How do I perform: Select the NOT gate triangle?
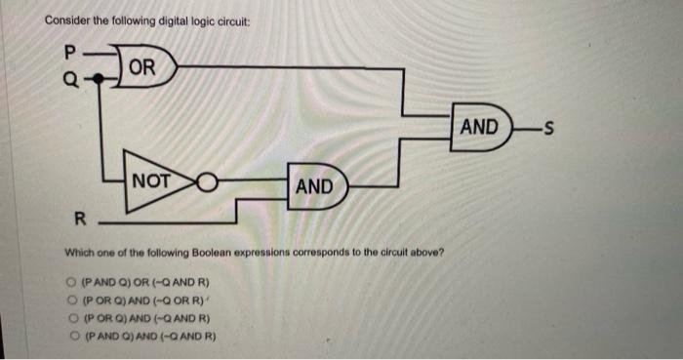pos(150,181)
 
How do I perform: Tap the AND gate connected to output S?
pos(482,127)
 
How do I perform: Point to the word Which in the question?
pos(77,252)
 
